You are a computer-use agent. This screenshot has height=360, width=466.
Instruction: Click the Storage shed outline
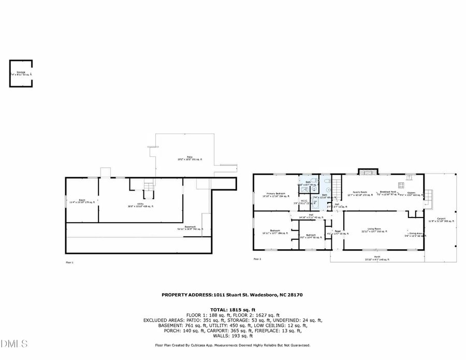(21, 73)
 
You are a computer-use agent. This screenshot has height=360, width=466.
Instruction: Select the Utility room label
(141, 205)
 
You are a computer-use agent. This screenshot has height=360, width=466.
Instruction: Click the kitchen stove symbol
(401, 185)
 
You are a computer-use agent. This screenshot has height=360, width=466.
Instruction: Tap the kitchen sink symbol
(410, 177)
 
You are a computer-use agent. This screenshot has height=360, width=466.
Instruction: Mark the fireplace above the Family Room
(368, 171)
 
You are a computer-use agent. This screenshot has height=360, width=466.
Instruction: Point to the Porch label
(377, 257)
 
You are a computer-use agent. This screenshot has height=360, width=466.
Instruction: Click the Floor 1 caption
(69, 263)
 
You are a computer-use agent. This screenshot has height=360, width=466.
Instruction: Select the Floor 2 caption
(257, 259)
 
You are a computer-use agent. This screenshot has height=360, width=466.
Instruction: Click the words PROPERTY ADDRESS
(187, 295)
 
